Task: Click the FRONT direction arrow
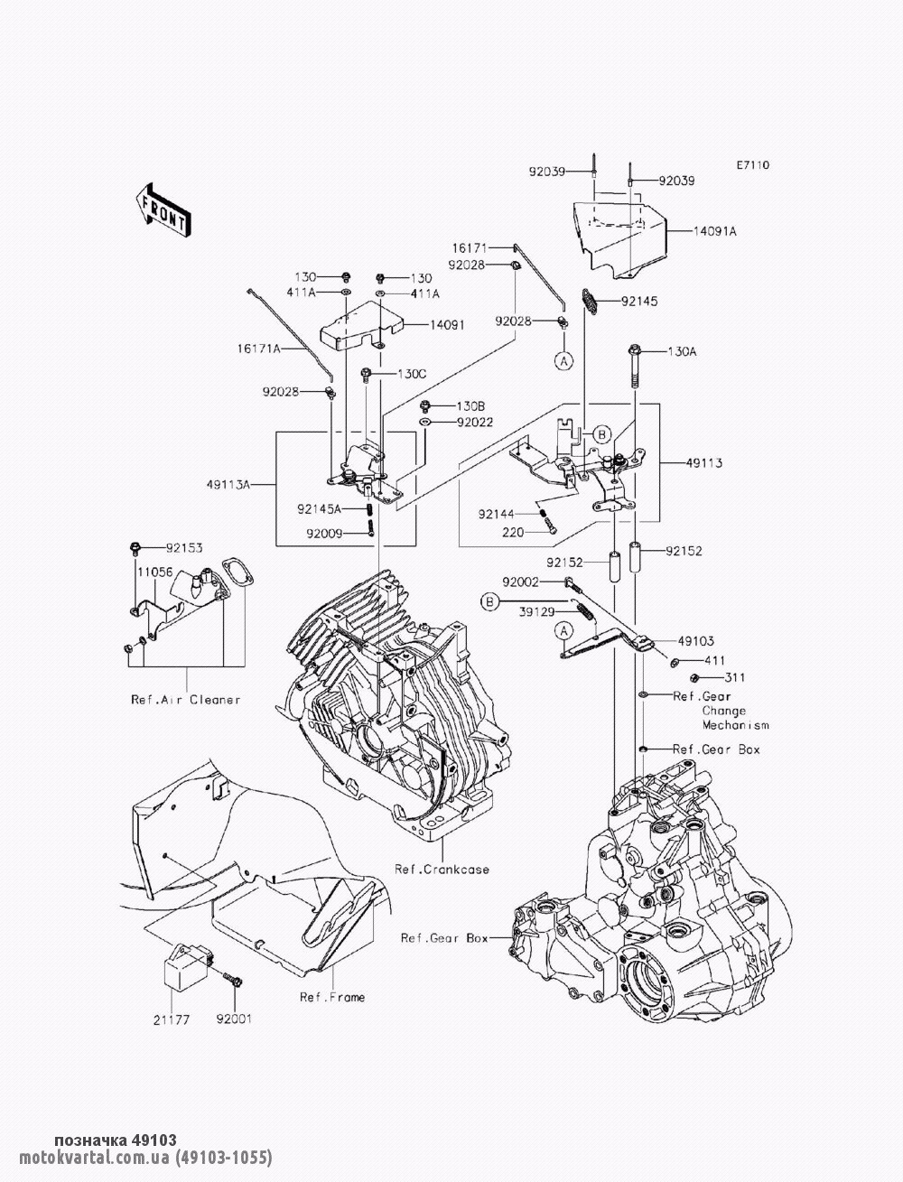pos(163,209)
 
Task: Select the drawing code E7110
pos(751,165)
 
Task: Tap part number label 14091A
pos(714,231)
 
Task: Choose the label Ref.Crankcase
pos(442,870)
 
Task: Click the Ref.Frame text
pos(332,997)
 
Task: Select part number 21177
pos(172,1019)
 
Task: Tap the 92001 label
pos(234,1019)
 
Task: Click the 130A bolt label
pos(682,351)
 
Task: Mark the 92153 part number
pos(184,547)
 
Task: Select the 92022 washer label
pos(475,421)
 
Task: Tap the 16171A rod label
pos(260,348)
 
